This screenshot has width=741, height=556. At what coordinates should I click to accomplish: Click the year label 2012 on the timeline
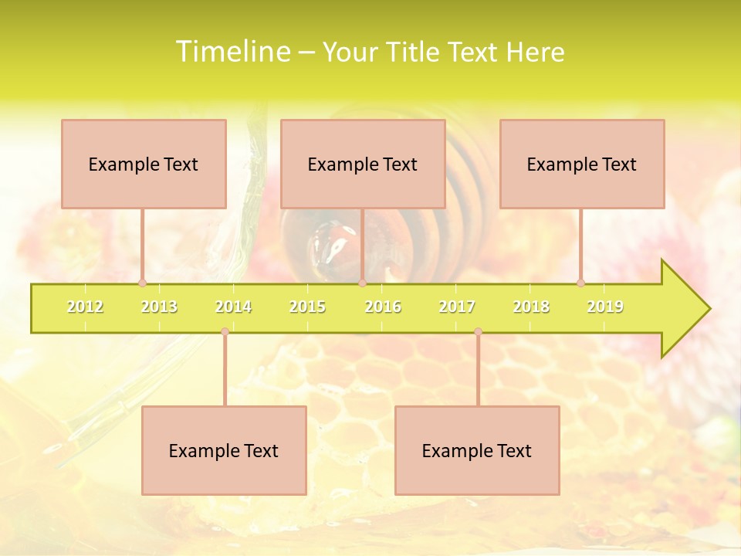85,307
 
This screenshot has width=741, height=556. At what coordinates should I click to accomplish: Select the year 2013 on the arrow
159,307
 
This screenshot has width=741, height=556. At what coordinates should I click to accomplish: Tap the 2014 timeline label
233,307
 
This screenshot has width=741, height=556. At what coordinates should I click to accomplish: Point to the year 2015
307,307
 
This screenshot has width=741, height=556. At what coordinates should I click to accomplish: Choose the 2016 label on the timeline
383,307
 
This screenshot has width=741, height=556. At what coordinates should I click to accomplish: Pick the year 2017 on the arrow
457,307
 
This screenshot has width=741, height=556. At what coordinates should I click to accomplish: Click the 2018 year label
531,307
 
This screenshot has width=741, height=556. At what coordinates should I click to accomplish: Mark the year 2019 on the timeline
605,307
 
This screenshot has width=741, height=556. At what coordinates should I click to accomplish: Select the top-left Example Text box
144,164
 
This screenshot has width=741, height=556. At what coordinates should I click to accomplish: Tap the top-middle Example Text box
363,164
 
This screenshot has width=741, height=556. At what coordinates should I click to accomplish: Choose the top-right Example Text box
582,164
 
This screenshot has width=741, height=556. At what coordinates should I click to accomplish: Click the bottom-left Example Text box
224,450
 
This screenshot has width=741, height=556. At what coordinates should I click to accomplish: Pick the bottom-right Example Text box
477,450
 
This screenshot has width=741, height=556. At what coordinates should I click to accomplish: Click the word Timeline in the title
232,52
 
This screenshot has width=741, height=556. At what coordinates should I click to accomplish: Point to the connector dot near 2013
142,283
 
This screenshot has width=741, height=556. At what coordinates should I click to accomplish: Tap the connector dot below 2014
225,331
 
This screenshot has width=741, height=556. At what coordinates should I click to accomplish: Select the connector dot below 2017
478,331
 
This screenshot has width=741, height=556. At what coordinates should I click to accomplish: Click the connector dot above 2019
580,283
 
